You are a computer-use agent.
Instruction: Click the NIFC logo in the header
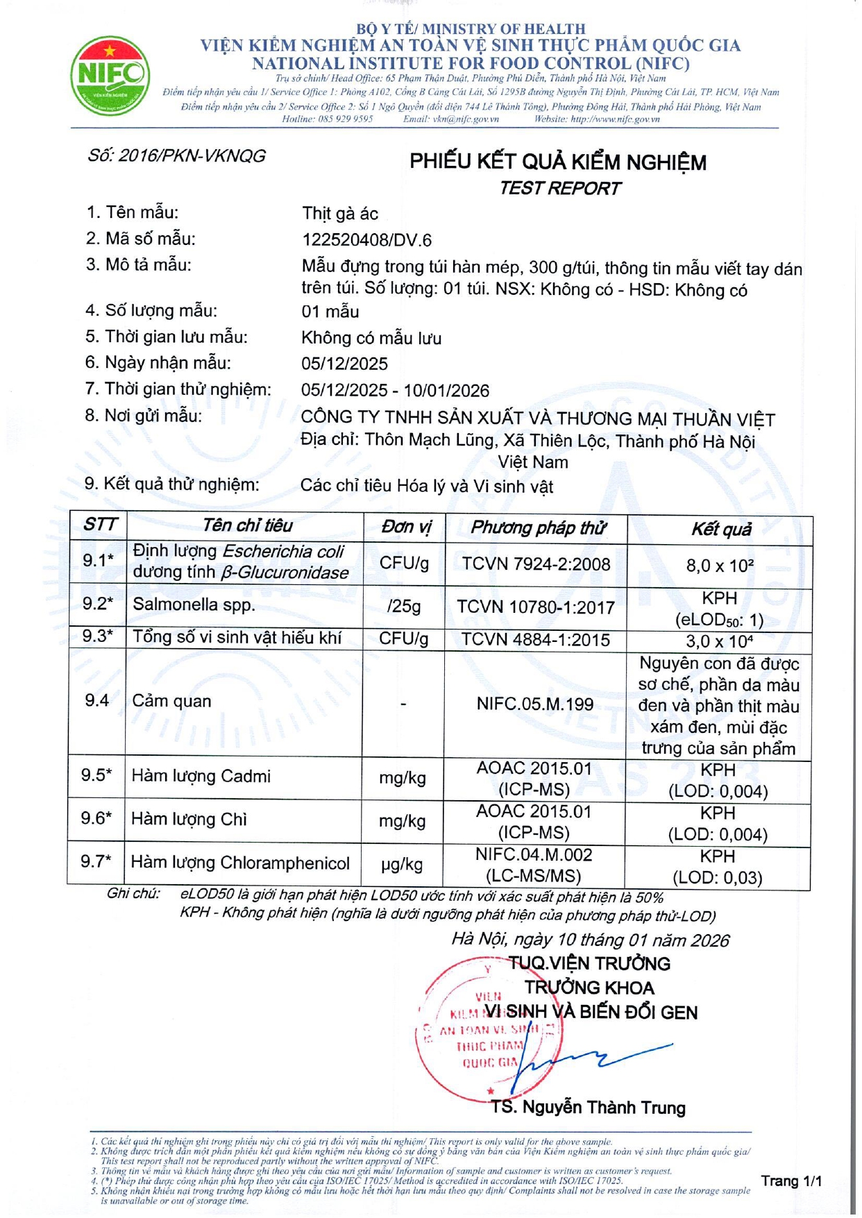(x=110, y=76)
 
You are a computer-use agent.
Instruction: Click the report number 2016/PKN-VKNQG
(x=177, y=156)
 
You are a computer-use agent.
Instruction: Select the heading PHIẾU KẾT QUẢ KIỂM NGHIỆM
(x=557, y=162)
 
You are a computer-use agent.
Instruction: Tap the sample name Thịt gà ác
(x=340, y=214)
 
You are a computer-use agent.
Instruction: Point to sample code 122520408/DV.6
(x=366, y=240)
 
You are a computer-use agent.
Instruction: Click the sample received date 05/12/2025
(x=344, y=364)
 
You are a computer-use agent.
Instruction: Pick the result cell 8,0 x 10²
(x=720, y=566)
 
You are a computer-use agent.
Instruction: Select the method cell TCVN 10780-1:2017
(x=536, y=608)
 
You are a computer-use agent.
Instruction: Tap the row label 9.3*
(x=98, y=636)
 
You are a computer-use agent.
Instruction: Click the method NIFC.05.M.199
(x=534, y=704)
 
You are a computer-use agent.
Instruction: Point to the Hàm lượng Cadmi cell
(x=201, y=777)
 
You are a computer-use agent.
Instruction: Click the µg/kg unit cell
(x=402, y=865)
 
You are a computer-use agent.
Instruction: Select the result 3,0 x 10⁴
(x=720, y=641)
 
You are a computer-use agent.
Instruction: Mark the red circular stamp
(x=486, y=1027)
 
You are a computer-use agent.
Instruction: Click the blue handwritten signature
(x=590, y=1058)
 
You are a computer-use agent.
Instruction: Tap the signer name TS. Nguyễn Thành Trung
(x=589, y=1108)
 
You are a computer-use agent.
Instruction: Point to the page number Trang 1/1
(x=791, y=1181)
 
